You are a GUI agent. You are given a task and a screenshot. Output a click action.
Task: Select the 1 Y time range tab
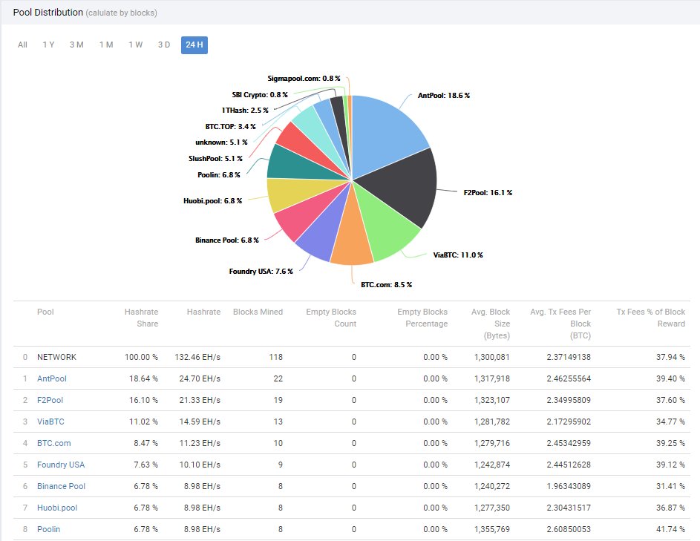point(48,45)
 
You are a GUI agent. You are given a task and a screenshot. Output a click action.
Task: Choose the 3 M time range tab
point(76,45)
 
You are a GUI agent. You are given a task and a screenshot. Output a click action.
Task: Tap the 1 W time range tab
point(135,45)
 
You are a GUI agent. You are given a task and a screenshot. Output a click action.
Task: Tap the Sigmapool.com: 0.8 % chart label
point(304,78)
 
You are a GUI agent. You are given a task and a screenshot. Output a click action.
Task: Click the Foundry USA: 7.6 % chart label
point(261,271)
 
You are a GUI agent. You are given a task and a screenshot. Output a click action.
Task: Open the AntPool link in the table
point(52,378)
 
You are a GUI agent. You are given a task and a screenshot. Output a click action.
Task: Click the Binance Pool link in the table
point(61,486)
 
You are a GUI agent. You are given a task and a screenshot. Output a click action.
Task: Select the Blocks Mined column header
point(258,312)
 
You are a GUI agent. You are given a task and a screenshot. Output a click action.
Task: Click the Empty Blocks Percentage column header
point(422,318)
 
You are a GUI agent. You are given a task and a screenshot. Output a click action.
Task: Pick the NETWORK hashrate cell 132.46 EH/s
point(196,357)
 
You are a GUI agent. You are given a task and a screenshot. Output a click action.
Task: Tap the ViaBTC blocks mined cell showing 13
point(278,422)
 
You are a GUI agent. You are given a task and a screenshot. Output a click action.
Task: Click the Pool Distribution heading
point(47,13)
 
